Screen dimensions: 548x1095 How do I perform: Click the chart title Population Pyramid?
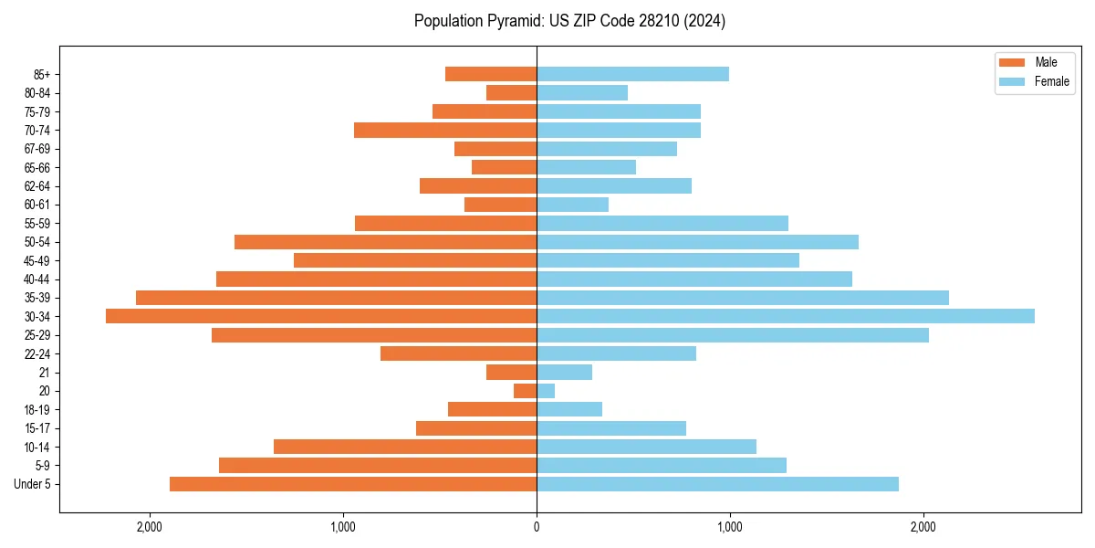pyautogui.click(x=569, y=21)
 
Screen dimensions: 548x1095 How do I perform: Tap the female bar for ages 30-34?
pyautogui.click(x=785, y=316)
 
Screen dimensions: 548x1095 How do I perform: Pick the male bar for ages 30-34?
pyautogui.click(x=321, y=316)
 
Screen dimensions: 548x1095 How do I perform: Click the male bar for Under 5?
pyautogui.click(x=353, y=484)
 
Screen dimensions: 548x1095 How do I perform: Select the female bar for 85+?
pyautogui.click(x=632, y=74)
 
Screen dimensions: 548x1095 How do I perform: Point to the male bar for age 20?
pyautogui.click(x=525, y=391)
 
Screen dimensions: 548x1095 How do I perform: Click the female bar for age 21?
pyautogui.click(x=564, y=373)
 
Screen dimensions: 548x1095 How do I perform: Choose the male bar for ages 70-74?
pyautogui.click(x=445, y=130)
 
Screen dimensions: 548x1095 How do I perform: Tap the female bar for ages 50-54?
pyautogui.click(x=697, y=242)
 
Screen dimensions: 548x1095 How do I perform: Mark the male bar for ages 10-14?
pyautogui.click(x=405, y=447)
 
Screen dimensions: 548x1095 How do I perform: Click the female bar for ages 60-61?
pyautogui.click(x=572, y=205)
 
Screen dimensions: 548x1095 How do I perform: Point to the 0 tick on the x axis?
pyautogui.click(x=537, y=527)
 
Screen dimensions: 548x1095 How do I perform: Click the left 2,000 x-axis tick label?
pyautogui.click(x=149, y=527)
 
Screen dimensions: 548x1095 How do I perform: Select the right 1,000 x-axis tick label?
pyautogui.click(x=729, y=527)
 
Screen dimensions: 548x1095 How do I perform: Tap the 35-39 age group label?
pyautogui.click(x=37, y=298)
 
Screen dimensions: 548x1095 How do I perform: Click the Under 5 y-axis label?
pyautogui.click(x=33, y=484)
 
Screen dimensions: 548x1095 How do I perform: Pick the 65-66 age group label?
pyautogui.click(x=37, y=167)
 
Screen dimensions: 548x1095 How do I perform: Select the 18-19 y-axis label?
pyautogui.click(x=37, y=409)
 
